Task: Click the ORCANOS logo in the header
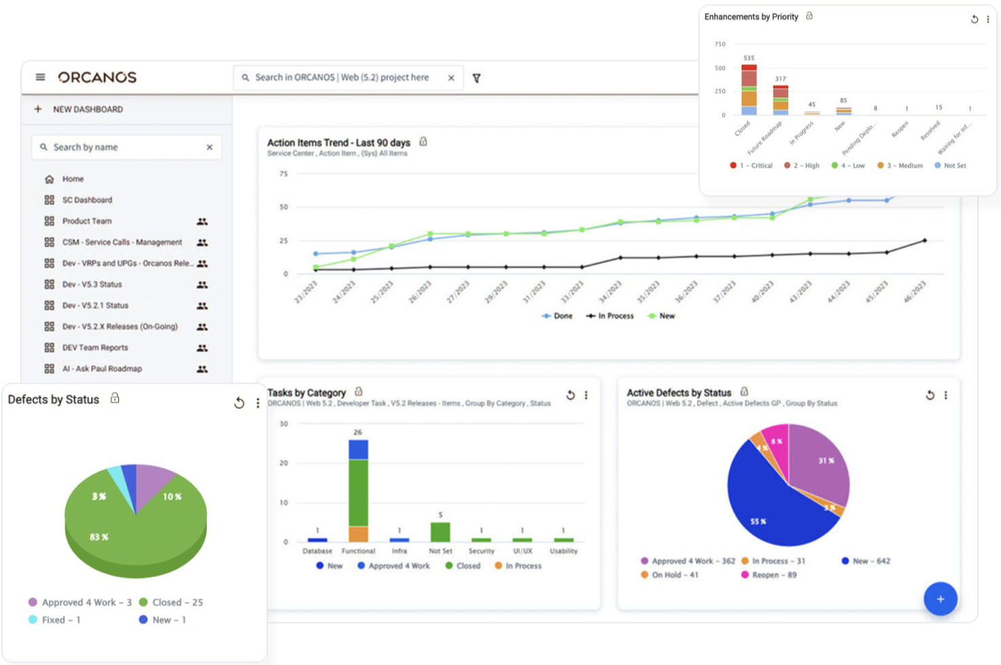click(x=97, y=78)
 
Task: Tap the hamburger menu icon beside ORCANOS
click(x=41, y=78)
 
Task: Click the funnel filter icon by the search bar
click(x=477, y=78)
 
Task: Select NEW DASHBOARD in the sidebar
click(x=88, y=109)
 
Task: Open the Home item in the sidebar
click(x=73, y=179)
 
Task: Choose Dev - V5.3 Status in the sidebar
click(x=92, y=284)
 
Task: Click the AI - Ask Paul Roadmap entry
click(x=102, y=369)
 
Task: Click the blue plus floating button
click(x=940, y=599)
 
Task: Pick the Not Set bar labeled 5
click(x=441, y=532)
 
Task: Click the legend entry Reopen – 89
click(x=769, y=575)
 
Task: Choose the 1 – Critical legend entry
click(x=751, y=166)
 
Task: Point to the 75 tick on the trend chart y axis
click(x=284, y=174)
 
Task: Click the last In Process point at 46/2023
click(x=924, y=241)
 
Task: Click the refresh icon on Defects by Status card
click(x=239, y=403)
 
